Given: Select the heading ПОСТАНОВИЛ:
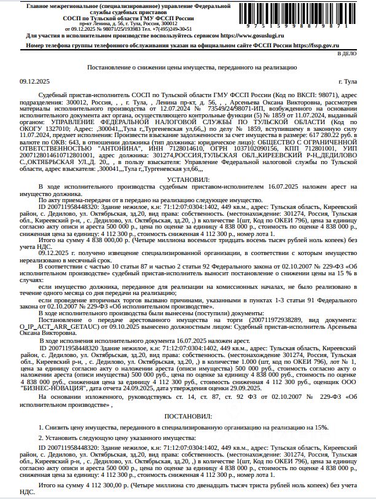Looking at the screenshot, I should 188,417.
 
